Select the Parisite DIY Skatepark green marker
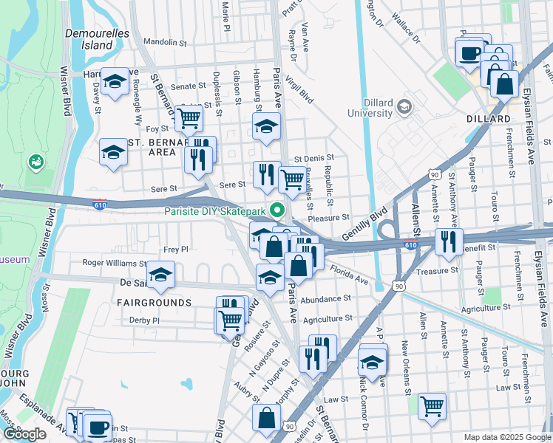click(278, 210)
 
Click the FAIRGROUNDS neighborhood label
click(154, 303)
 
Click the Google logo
click(25, 434)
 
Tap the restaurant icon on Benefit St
click(449, 241)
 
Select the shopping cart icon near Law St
click(432, 404)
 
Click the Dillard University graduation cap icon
click(404, 107)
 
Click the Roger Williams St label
click(115, 262)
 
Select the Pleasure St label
click(328, 218)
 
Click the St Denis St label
click(314, 158)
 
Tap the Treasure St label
click(432, 271)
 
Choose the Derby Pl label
click(144, 320)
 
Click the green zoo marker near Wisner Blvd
click(35, 160)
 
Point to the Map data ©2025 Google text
click(506, 437)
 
